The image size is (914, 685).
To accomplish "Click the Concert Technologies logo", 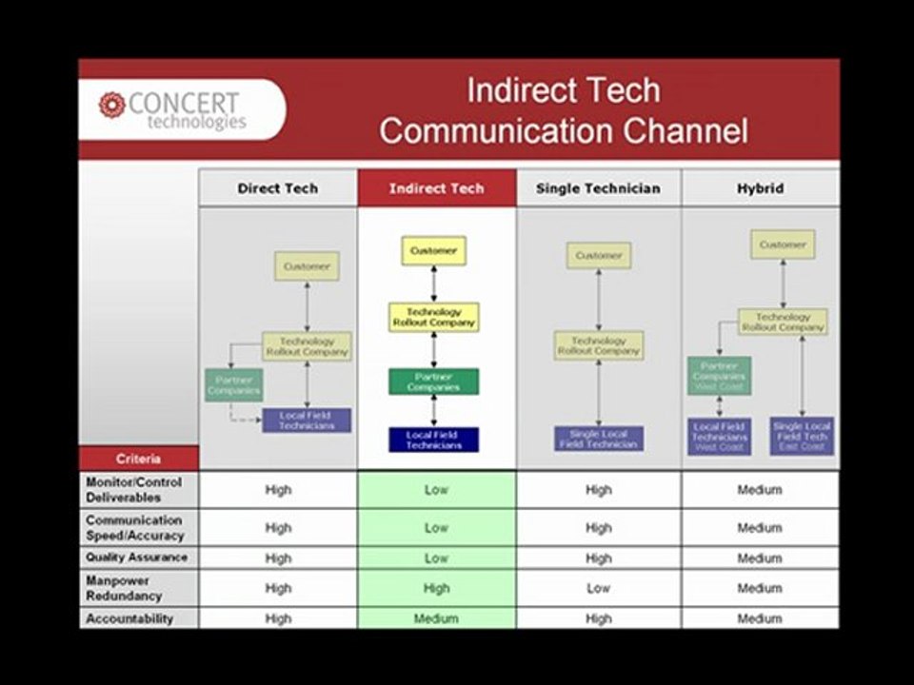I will click(171, 110).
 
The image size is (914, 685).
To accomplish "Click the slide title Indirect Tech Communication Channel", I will click(563, 110).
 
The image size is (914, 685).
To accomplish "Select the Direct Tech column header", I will click(278, 188).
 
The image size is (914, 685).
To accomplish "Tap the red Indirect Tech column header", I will click(436, 188).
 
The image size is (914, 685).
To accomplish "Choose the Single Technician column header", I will click(598, 188).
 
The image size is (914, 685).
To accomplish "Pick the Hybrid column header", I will click(760, 188).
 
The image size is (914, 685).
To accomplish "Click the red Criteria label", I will click(139, 458).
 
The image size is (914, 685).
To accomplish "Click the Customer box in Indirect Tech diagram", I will click(433, 251).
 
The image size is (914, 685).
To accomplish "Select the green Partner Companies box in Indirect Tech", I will click(433, 382).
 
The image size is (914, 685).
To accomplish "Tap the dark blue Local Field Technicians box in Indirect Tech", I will click(433, 440).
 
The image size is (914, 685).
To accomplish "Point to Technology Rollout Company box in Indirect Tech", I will click(433, 317).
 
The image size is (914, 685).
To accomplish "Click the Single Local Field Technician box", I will click(599, 439).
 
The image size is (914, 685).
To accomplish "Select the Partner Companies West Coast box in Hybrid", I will click(719, 376).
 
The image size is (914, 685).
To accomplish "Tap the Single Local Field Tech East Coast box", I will click(802, 437).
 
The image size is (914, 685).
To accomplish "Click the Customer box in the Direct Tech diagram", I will click(307, 266).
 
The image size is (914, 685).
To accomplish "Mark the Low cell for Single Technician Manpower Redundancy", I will click(598, 588).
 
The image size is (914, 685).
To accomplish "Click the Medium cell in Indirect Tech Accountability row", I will click(436, 618).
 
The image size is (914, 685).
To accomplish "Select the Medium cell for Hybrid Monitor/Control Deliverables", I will click(759, 490).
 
